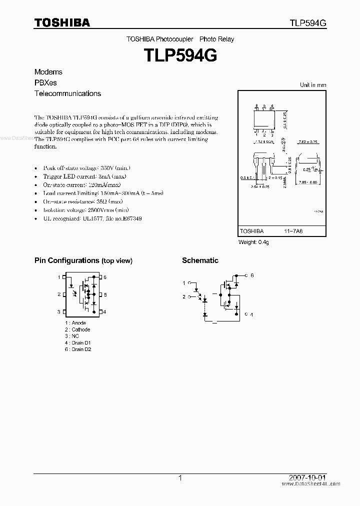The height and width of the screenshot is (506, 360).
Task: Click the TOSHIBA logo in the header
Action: [x=62, y=22]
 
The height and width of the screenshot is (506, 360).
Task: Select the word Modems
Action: [x=48, y=72]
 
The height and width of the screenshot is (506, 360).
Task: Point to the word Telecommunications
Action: [x=67, y=93]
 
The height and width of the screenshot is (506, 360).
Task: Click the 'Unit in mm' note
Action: [x=312, y=85]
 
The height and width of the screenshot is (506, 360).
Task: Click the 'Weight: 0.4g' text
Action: [x=253, y=242]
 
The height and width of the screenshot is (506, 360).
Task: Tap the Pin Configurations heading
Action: [x=83, y=260]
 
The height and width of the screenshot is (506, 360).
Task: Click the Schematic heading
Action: [x=200, y=260]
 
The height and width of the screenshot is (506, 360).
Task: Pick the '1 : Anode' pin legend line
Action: [x=75, y=323]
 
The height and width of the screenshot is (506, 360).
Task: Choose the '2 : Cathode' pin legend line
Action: [x=77, y=329]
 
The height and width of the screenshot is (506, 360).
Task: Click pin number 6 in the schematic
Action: [x=252, y=275]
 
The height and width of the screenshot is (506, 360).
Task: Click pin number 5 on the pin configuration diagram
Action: [x=105, y=294]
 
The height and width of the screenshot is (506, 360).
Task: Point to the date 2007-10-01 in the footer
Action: [x=309, y=478]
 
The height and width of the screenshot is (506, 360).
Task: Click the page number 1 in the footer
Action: [x=180, y=478]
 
